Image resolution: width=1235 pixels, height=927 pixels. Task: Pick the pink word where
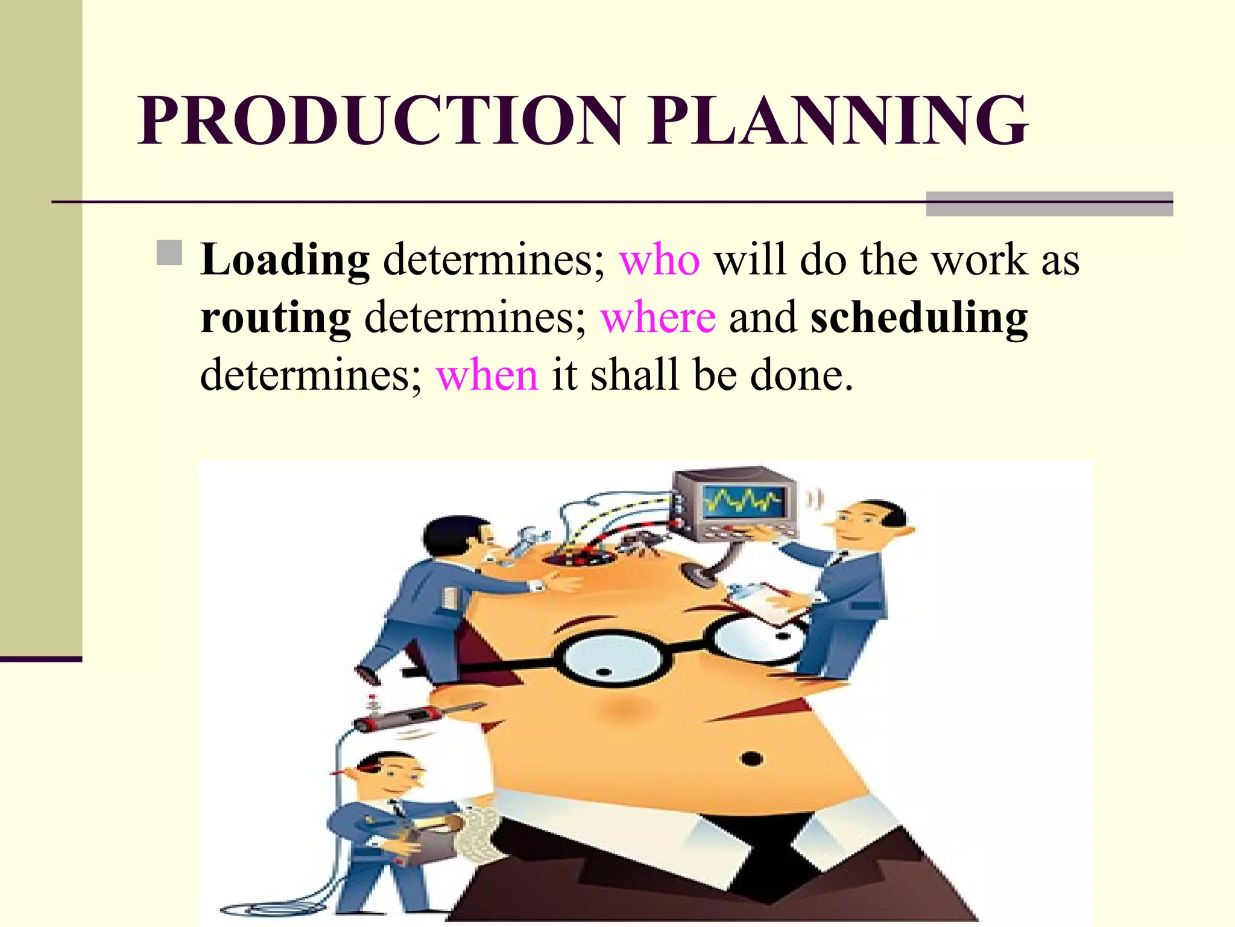pyautogui.click(x=659, y=318)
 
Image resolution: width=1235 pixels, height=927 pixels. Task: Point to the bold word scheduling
pyautogui.click(x=919, y=318)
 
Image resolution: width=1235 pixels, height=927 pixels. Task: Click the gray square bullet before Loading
pyautogui.click(x=169, y=253)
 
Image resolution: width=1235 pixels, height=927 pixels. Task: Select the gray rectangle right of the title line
pyautogui.click(x=1049, y=204)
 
